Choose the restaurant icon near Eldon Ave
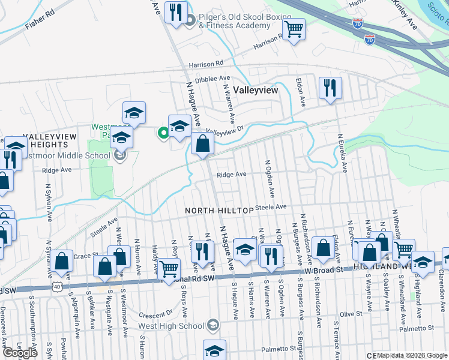tap(330, 88)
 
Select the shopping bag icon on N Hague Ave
tap(203, 145)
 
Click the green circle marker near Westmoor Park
tap(162, 133)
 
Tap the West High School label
tap(169, 326)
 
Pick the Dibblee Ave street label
tap(217, 78)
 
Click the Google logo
tap(20, 353)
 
